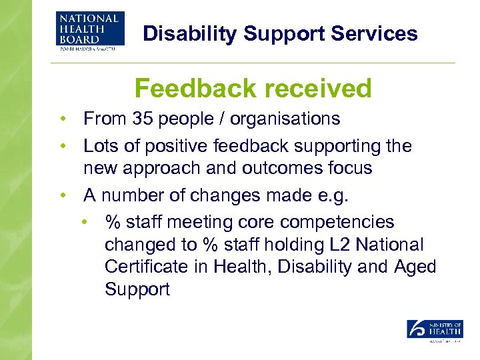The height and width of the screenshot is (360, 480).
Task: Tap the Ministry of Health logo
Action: (435, 331)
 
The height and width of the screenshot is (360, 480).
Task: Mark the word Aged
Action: (414, 267)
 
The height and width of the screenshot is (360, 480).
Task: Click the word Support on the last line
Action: (137, 290)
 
